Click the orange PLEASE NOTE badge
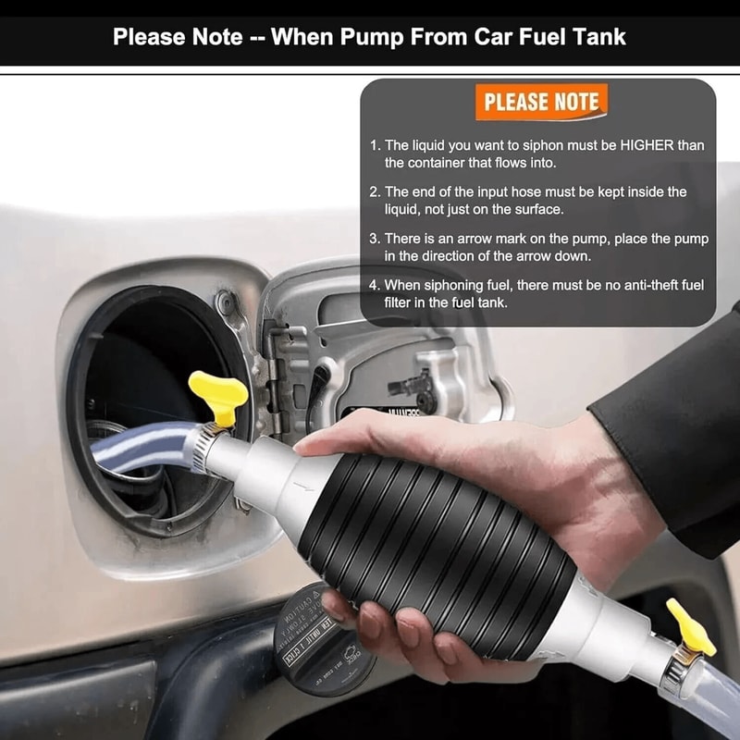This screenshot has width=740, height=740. [x=541, y=102]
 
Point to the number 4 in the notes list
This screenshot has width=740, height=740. [x=375, y=285]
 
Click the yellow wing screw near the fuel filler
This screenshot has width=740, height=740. [x=218, y=393]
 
